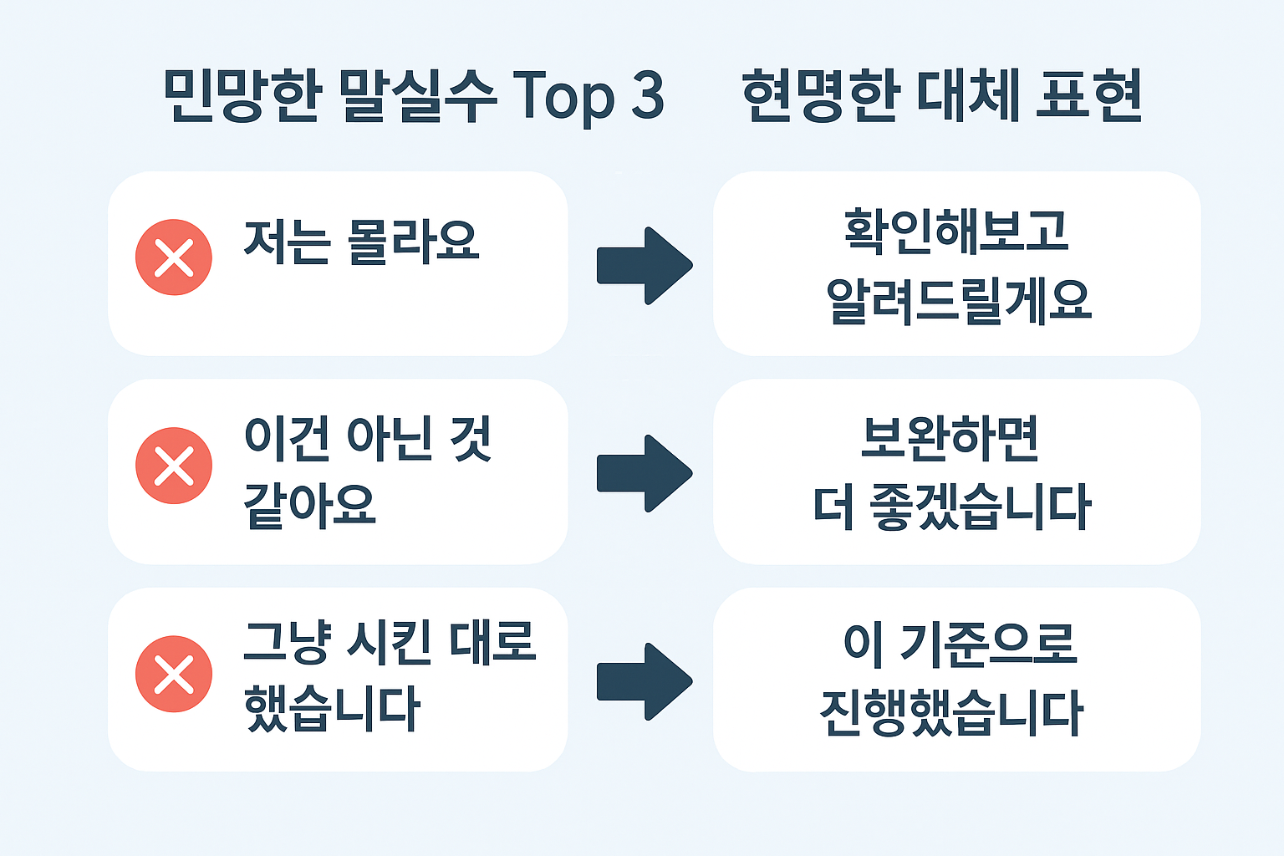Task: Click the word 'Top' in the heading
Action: click(563, 96)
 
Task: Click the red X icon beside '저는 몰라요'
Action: click(174, 257)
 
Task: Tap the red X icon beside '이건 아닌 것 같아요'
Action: click(174, 466)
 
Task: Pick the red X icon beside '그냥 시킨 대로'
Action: click(174, 674)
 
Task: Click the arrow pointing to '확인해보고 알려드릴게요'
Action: click(644, 265)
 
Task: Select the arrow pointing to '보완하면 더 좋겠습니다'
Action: click(644, 473)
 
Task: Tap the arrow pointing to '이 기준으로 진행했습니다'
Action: click(644, 681)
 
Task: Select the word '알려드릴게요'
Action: click(958, 300)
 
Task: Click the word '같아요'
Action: click(309, 505)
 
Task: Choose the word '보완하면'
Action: click(950, 438)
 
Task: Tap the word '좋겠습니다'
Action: click(980, 507)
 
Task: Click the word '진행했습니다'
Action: click(951, 713)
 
